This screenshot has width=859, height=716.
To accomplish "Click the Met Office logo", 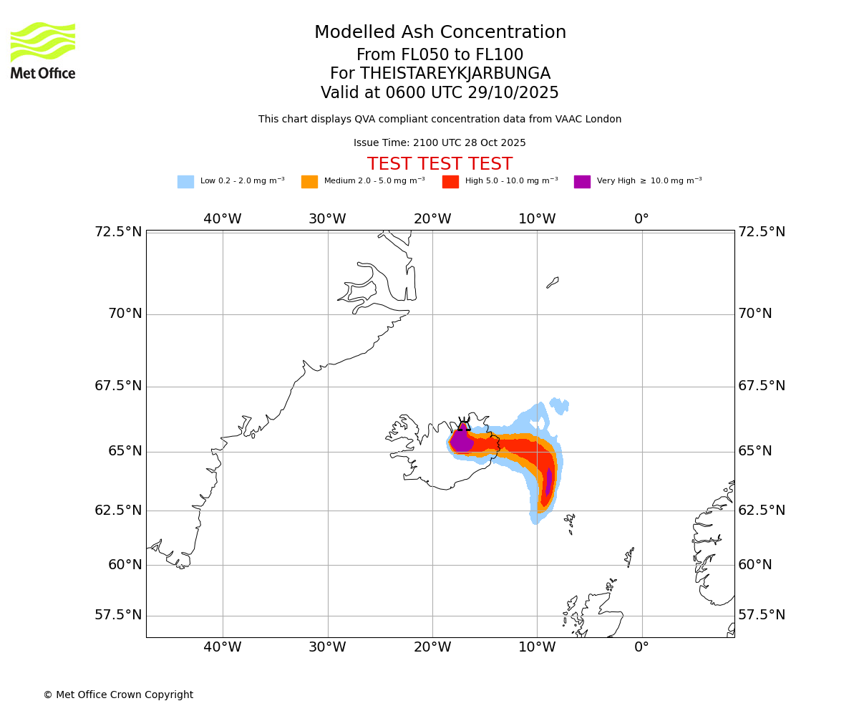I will [43, 50].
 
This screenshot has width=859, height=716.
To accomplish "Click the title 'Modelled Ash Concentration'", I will [440, 33].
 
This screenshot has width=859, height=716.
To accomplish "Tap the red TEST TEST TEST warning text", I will [440, 164].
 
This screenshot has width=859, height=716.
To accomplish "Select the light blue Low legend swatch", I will [185, 182].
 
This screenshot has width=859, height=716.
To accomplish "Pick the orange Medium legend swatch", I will [309, 182].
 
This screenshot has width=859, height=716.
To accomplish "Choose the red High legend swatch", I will [450, 182].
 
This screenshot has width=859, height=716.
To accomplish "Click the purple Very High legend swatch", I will [582, 182].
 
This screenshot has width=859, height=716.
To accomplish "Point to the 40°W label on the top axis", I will [223, 219].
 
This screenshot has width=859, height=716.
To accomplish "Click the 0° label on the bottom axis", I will [641, 647].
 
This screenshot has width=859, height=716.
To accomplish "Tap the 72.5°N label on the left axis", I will [118, 232].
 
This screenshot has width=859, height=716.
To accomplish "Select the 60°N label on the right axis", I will [755, 565].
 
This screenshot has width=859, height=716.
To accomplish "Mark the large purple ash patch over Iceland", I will [462, 440].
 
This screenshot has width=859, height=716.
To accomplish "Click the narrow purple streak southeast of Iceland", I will [548, 481].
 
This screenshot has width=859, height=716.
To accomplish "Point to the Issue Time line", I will [440, 143].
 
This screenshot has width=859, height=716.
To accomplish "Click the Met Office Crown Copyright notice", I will [118, 695].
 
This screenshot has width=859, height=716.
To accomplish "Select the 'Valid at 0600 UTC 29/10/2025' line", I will [440, 93].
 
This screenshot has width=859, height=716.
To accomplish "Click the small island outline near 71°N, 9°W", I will [553, 282].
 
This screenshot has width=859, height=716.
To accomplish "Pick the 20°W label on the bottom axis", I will [432, 647].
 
